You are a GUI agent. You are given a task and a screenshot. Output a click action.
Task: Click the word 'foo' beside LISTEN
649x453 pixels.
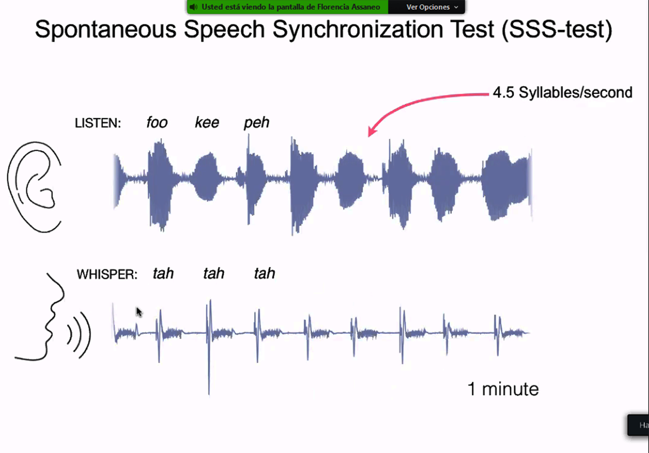157,122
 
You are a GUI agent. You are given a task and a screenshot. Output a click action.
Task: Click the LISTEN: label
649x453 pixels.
98,123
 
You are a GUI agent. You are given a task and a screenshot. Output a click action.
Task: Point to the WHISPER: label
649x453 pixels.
107,274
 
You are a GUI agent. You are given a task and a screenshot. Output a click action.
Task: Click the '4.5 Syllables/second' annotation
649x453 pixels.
562,93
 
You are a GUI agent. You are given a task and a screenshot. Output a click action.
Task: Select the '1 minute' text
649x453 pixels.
503,389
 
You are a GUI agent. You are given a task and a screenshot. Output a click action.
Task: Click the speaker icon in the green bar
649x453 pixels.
193,7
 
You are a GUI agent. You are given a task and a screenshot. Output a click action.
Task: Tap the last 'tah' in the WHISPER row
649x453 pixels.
264,273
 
